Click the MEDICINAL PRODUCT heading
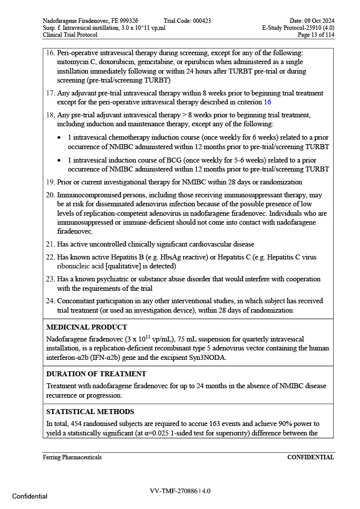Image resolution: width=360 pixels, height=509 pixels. coord(87,328)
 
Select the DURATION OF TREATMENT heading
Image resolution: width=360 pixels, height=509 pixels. coord(96,374)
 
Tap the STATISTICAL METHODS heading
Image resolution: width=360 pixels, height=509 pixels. coord(90,412)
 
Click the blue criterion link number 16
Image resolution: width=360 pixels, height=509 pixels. coord(268,102)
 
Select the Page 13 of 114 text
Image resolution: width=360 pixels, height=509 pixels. coord(316,35)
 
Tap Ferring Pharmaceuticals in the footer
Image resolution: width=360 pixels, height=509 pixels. coord(72,457)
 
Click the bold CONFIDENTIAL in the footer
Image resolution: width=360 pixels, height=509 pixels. coord(310,457)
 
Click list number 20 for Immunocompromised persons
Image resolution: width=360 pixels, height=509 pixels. coord(50,195)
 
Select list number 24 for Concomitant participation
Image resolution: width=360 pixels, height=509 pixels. coord(50,301)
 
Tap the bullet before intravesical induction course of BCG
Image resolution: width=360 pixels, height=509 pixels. coord(60,161)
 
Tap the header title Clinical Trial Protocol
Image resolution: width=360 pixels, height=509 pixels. coord(70,35)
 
